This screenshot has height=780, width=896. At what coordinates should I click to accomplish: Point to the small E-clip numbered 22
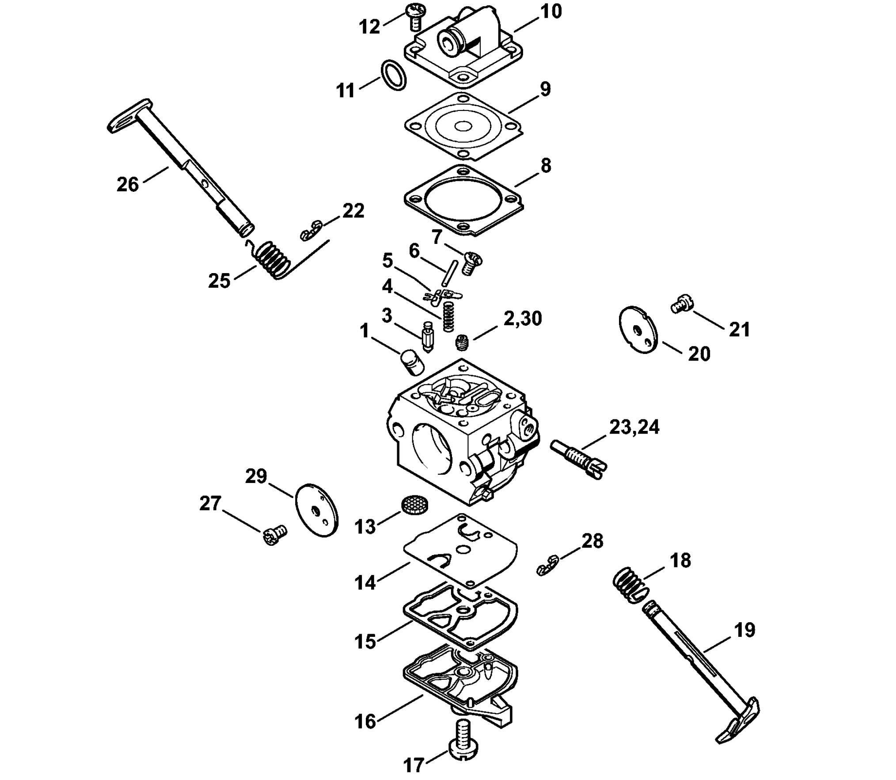311,230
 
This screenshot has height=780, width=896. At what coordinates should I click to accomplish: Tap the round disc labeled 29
317,510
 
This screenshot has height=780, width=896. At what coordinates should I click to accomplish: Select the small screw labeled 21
683,305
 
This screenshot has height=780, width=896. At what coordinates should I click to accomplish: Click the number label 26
128,184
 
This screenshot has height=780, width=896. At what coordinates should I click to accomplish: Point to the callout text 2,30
523,319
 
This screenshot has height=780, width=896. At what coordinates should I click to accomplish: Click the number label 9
546,89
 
